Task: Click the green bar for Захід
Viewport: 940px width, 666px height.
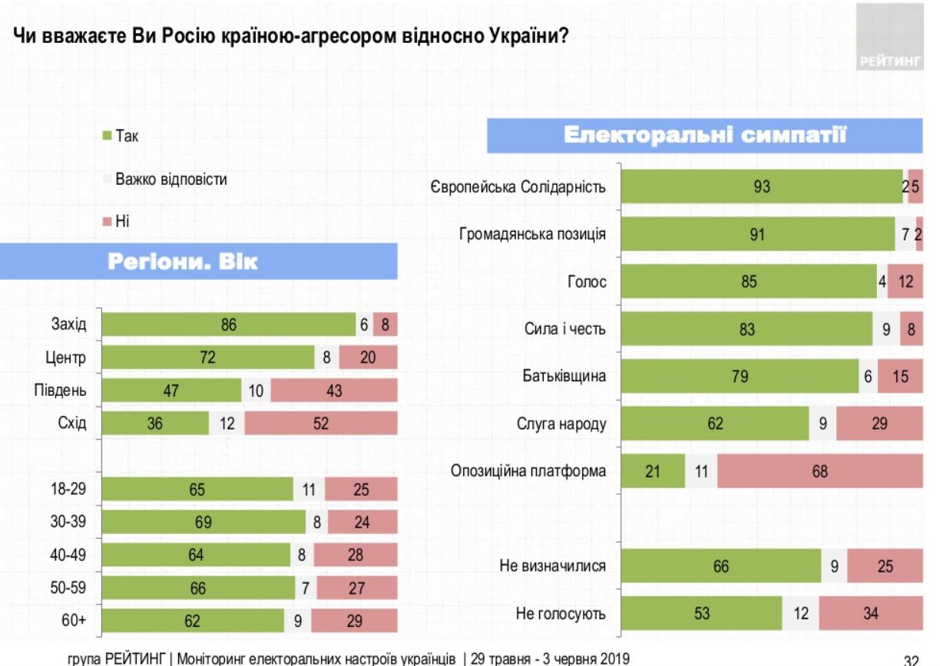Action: tap(228, 325)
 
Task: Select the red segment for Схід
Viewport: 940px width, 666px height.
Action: tap(320, 423)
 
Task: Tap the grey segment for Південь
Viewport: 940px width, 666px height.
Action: tap(256, 391)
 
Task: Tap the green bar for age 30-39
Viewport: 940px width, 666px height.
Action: tap(204, 522)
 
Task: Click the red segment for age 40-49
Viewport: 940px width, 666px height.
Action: tap(355, 555)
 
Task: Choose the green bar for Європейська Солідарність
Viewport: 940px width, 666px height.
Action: tap(761, 186)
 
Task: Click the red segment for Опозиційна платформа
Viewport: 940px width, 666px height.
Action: tap(820, 471)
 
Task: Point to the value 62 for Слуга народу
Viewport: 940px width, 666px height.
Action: tap(715, 424)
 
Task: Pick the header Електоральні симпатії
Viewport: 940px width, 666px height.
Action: tap(706, 137)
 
